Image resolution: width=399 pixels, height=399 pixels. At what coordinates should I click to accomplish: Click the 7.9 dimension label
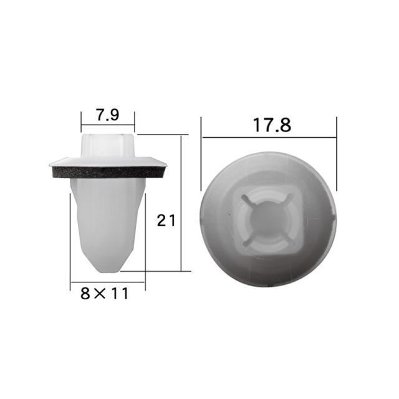[x=108, y=115]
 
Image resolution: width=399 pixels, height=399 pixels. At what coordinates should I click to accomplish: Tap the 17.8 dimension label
[x=272, y=125]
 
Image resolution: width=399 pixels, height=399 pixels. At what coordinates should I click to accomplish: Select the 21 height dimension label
[x=166, y=220]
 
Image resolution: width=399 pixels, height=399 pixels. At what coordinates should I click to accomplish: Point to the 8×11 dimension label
[x=104, y=294]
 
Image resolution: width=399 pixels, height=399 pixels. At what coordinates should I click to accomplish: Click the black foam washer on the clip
[x=108, y=172]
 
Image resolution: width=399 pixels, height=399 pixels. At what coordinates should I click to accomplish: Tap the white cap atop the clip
[x=108, y=145]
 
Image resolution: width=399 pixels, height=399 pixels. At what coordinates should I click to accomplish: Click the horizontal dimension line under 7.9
[x=108, y=125]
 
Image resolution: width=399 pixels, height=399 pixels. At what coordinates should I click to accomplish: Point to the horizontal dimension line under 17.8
[x=269, y=137]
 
